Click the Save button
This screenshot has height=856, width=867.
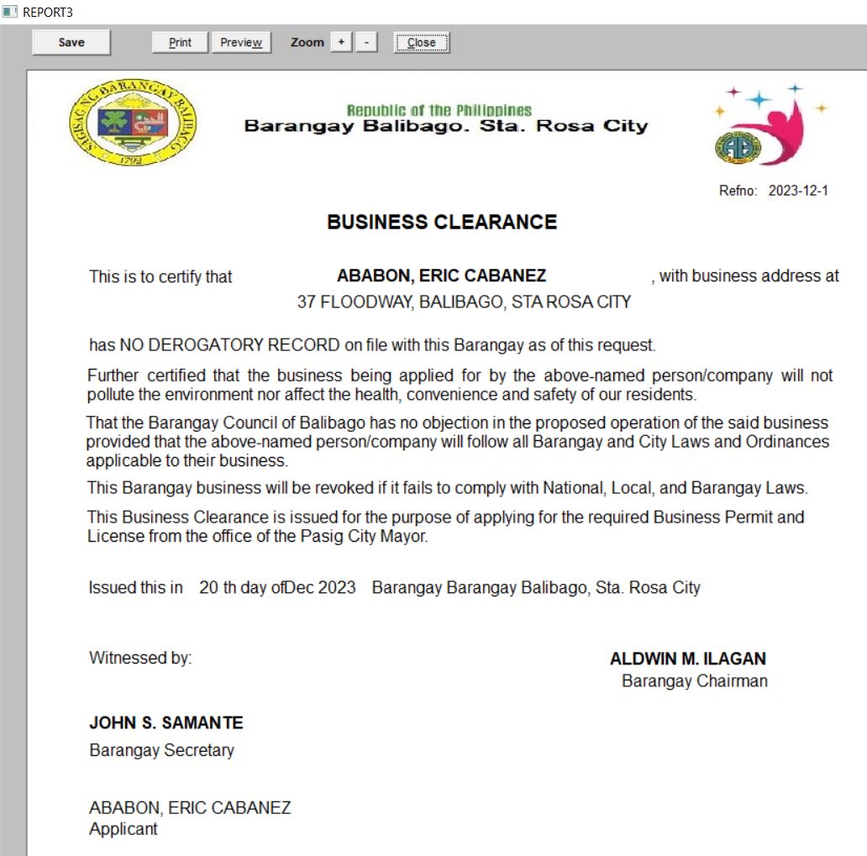click(x=71, y=43)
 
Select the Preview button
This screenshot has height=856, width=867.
click(x=241, y=43)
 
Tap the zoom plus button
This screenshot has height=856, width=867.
click(x=341, y=42)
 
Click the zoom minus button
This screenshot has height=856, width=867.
click(x=366, y=42)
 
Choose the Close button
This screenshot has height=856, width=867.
click(x=422, y=43)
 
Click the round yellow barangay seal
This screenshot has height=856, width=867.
click(x=133, y=123)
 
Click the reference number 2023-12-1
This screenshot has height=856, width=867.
click(x=798, y=191)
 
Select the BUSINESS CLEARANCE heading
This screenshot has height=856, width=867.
click(x=442, y=223)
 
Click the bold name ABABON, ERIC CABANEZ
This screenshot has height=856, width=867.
click(x=441, y=276)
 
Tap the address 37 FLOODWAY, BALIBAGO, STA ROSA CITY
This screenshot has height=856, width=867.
click(x=464, y=302)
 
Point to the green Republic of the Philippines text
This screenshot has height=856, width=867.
click(x=439, y=110)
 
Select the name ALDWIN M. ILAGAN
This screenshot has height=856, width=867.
click(x=688, y=659)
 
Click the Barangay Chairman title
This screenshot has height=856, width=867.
click(x=695, y=680)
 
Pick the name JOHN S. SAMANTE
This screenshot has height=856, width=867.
click(x=166, y=722)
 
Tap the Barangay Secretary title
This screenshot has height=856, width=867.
click(x=162, y=750)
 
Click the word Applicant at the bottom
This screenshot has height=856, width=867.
click(x=123, y=829)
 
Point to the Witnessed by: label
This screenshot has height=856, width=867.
click(x=140, y=658)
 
